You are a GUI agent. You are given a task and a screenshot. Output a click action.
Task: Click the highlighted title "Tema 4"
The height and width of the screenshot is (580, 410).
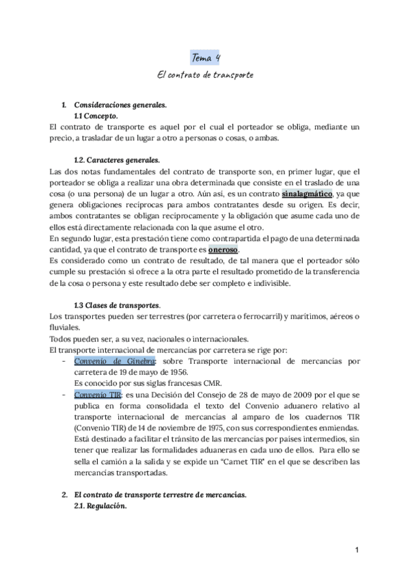[205, 58]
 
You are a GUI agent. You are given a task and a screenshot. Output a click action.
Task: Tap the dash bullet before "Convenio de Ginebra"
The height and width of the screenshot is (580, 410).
[64, 360]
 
